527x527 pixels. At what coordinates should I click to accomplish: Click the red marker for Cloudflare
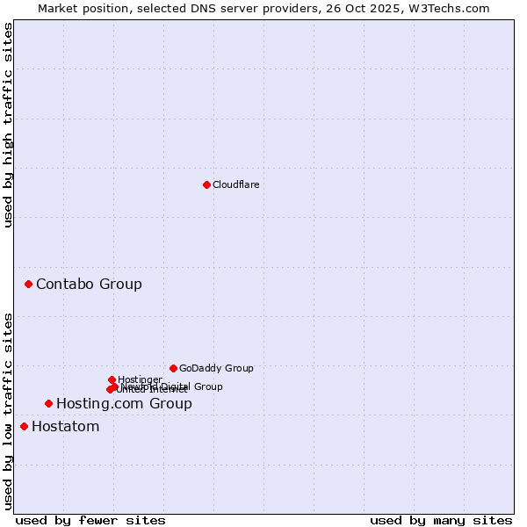[x=206, y=184]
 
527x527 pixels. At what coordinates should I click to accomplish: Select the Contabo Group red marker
[x=29, y=284]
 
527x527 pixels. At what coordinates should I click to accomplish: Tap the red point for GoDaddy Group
[x=173, y=368]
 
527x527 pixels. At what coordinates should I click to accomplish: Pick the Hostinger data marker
[x=112, y=379]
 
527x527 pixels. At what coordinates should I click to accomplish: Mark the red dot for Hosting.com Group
[x=48, y=403]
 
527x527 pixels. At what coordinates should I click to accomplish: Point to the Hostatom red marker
[x=24, y=426]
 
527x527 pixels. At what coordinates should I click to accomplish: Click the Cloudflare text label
[x=235, y=184]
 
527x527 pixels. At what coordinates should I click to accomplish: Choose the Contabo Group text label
[x=89, y=284]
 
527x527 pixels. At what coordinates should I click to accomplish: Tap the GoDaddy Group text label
[x=216, y=368]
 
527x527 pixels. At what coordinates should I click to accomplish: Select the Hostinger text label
[x=141, y=379]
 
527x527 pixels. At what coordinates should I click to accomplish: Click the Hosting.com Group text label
[x=124, y=403]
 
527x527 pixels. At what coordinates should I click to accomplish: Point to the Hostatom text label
[x=66, y=426]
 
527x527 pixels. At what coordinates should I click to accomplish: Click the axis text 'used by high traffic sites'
[x=9, y=125]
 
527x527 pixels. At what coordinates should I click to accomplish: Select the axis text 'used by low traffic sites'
[x=9, y=411]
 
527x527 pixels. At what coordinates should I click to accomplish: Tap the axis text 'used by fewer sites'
[x=90, y=520]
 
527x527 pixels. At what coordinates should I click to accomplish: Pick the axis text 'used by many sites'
[x=441, y=520]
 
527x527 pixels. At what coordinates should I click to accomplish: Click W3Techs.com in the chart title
[x=454, y=8]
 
